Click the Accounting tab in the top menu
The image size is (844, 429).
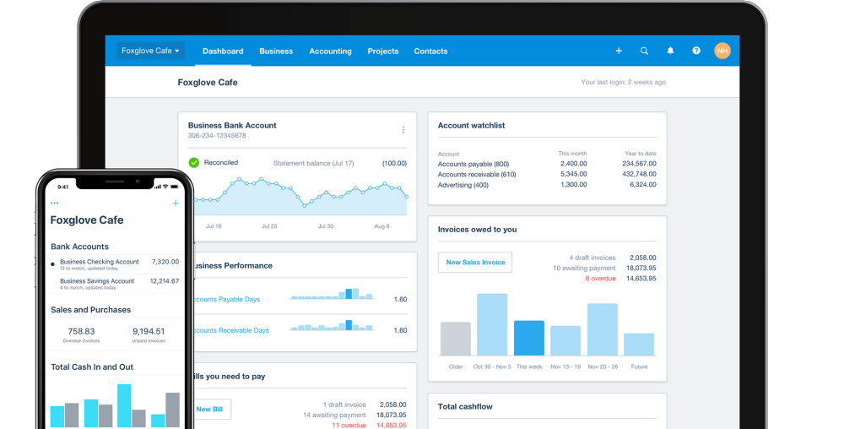tap(330, 52)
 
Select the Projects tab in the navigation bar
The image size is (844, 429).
tap(383, 52)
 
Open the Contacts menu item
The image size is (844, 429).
tap(430, 52)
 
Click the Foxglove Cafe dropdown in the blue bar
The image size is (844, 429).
tap(150, 51)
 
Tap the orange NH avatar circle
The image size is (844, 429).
tap(722, 51)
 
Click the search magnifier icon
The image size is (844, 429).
tap(644, 51)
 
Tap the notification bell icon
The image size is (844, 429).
tap(670, 51)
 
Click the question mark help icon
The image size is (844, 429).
tap(696, 51)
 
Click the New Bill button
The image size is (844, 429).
tap(209, 409)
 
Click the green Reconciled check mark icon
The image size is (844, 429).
tap(194, 162)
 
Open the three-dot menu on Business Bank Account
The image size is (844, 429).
tap(403, 130)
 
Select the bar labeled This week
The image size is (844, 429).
tap(529, 338)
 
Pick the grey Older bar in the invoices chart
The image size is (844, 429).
tap(456, 339)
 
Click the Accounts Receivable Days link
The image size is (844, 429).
tap(231, 330)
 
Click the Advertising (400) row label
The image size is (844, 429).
tap(463, 185)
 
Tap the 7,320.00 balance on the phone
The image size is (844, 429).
tap(165, 262)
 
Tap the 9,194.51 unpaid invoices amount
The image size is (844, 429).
tap(149, 332)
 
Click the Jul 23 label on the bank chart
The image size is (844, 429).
tap(269, 226)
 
